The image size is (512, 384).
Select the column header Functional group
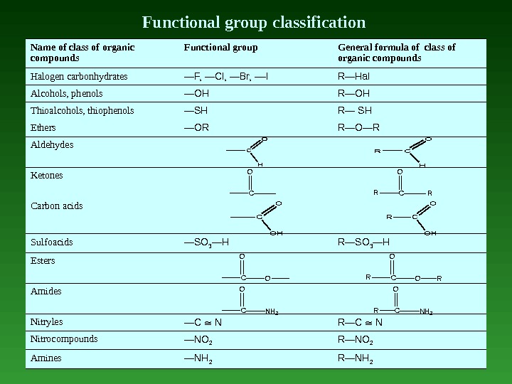[220, 48]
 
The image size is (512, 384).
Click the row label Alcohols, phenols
[66, 93]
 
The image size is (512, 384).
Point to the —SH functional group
[196, 110]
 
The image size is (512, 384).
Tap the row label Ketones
[47, 175]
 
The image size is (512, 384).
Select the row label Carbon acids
[56, 206]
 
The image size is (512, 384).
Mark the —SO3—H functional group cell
[206, 242]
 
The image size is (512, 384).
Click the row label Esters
[43, 261]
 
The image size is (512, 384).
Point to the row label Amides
[46, 292]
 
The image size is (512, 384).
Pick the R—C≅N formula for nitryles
[361, 322]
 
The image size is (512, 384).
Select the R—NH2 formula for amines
[358, 358]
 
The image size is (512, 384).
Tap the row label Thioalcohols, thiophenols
[82, 110]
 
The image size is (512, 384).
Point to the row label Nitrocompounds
[64, 339]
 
